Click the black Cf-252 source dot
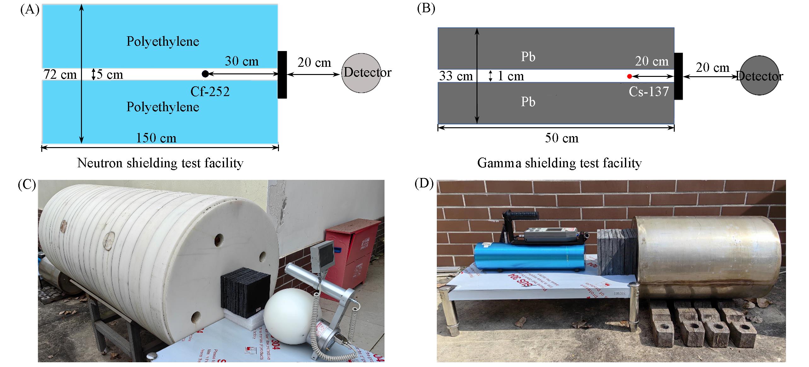click(x=205, y=74)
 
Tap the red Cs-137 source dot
click(x=629, y=76)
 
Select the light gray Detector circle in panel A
click(x=361, y=73)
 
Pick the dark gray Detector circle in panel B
click(x=759, y=76)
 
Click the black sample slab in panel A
click(x=282, y=75)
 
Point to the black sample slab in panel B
click(x=678, y=76)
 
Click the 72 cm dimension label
click(x=60, y=75)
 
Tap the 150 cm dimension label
click(x=156, y=138)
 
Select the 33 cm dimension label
click(x=456, y=76)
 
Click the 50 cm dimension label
click(x=562, y=138)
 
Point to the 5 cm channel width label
click(x=109, y=75)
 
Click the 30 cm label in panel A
click(x=241, y=61)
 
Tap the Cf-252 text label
click(x=210, y=92)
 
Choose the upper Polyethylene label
click(x=163, y=42)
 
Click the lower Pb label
click(x=528, y=102)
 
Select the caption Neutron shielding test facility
click(x=160, y=163)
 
